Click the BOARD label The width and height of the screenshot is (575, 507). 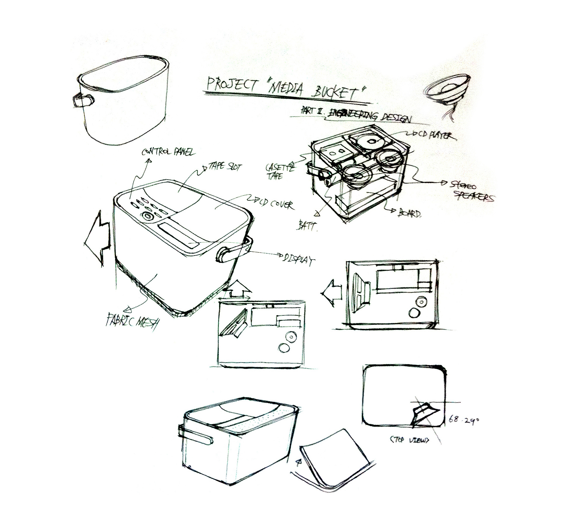point(409,213)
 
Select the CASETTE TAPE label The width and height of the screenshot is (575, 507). point(279,171)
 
